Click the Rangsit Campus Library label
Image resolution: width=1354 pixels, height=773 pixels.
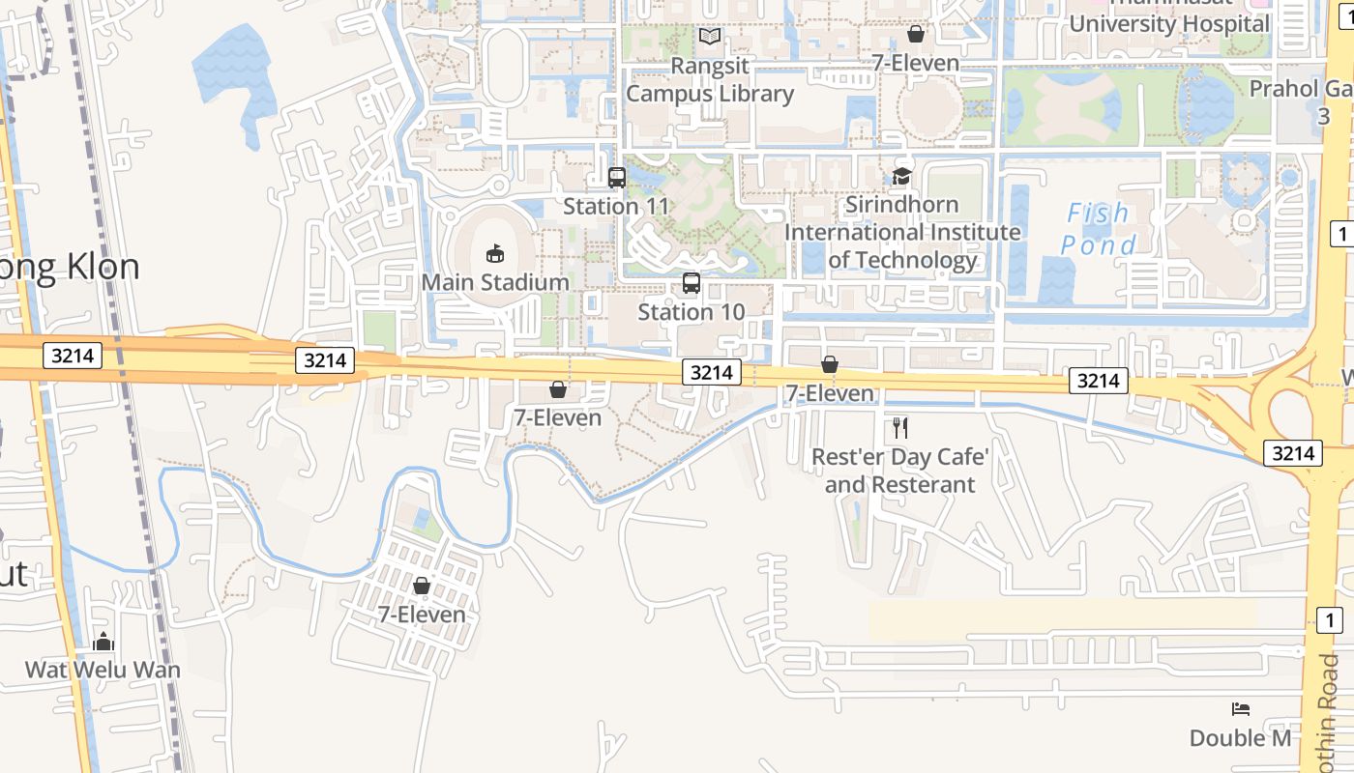click(x=710, y=79)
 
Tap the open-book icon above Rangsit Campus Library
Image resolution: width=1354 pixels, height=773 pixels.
click(x=710, y=37)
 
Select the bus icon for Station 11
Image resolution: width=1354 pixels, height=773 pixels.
click(x=616, y=178)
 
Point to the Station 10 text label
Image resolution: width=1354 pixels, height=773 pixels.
click(x=692, y=311)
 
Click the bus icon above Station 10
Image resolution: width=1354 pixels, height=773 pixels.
click(x=691, y=283)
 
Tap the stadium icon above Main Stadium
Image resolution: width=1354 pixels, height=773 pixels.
click(x=495, y=254)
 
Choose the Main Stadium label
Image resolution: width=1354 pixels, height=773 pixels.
click(x=495, y=282)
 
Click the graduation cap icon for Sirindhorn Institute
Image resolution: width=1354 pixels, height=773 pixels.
click(x=902, y=177)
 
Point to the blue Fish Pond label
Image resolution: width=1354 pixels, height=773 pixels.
click(x=1098, y=229)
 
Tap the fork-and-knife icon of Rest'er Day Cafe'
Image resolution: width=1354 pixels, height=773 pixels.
click(x=900, y=426)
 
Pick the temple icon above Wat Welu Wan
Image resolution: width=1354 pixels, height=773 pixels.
click(x=103, y=642)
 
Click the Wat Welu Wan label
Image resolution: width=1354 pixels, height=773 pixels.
click(x=103, y=669)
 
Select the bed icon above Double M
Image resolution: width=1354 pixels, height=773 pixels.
click(x=1241, y=709)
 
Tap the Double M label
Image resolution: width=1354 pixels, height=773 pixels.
click(x=1240, y=738)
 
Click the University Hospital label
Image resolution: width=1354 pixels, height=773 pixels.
click(x=1168, y=23)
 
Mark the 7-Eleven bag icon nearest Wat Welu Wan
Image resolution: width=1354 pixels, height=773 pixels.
click(x=422, y=586)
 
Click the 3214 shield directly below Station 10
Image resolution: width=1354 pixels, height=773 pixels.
click(x=712, y=372)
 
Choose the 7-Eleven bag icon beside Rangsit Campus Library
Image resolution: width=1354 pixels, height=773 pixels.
click(x=915, y=35)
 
